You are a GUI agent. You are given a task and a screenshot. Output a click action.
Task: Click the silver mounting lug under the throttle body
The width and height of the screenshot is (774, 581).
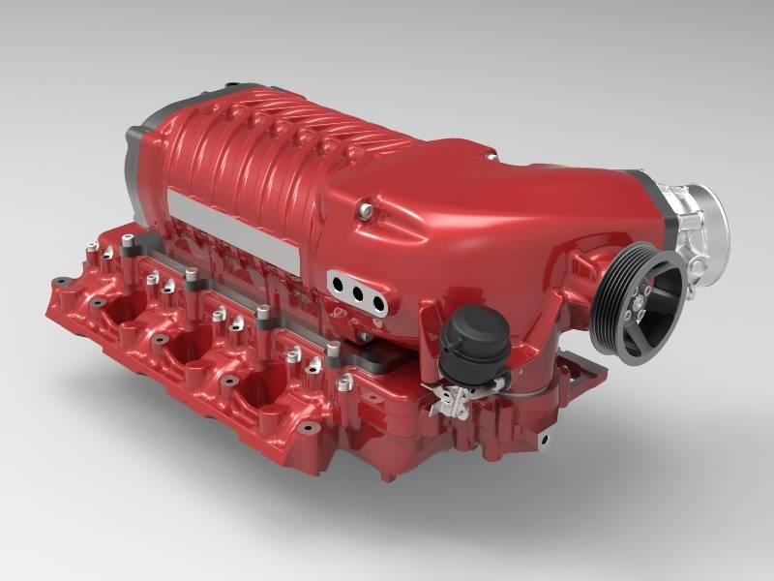[x=693, y=265]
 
